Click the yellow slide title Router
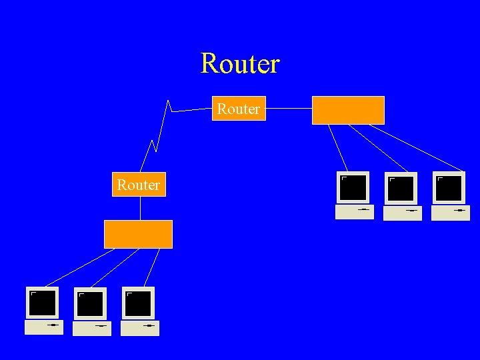coord(240,64)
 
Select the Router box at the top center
coord(239,109)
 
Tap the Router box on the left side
coord(138,185)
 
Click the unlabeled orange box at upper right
coord(348,110)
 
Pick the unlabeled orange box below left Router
coord(138,234)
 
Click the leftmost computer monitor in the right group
coord(353,187)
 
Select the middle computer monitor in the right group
coord(401,188)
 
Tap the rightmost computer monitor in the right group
coord(449,188)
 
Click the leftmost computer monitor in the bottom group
coord(42,303)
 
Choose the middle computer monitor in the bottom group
coord(90,303)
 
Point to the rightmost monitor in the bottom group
coord(138,303)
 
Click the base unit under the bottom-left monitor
coord(43,327)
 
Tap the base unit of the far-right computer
coord(451,213)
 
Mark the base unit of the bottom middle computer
coord(92,328)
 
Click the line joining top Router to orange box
coord(289,108)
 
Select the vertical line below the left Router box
coord(140,209)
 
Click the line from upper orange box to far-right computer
coord(424,147)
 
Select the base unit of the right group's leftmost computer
coord(354,212)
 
